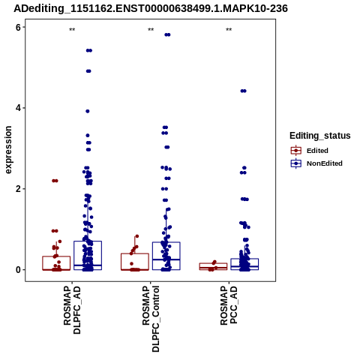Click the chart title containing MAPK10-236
(x=151, y=8)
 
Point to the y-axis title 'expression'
(x=8, y=150)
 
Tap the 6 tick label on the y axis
(x=18, y=27)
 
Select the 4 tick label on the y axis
(x=18, y=108)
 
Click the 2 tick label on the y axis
(x=18, y=189)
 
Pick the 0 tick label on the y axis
(x=18, y=270)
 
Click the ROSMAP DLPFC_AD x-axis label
(x=72, y=310)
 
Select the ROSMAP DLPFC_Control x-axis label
(x=151, y=319)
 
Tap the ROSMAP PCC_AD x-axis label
(x=229, y=305)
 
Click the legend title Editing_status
(x=320, y=136)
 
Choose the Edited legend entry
(x=310, y=151)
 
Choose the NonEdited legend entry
(x=316, y=163)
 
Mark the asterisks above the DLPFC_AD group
(x=72, y=30)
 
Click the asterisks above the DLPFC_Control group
(x=151, y=30)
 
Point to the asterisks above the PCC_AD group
(x=229, y=30)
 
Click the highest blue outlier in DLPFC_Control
(x=167, y=34)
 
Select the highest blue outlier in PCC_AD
(x=244, y=91)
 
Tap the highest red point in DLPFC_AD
(x=55, y=181)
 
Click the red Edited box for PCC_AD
(x=213, y=266)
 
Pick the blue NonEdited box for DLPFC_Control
(x=166, y=256)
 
